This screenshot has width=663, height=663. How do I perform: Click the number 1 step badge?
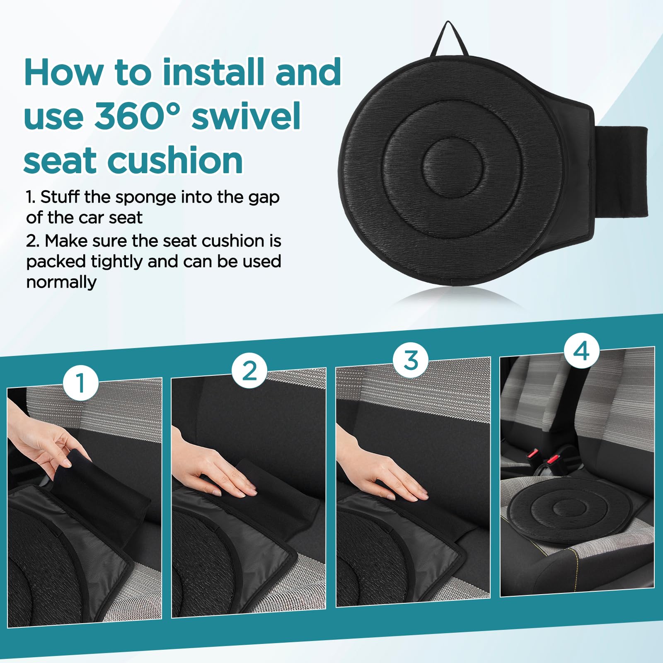pyautogui.click(x=81, y=382)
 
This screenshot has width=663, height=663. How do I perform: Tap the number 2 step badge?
pyautogui.click(x=249, y=370)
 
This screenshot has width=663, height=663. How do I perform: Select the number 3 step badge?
pyautogui.click(x=411, y=360)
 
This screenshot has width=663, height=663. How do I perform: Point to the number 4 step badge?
pyautogui.click(x=582, y=351)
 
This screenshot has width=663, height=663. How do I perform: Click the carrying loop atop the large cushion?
pyautogui.click(x=449, y=39)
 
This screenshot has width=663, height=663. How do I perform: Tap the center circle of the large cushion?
pyautogui.click(x=453, y=167)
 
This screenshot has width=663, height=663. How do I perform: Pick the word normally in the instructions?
pyautogui.click(x=61, y=282)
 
